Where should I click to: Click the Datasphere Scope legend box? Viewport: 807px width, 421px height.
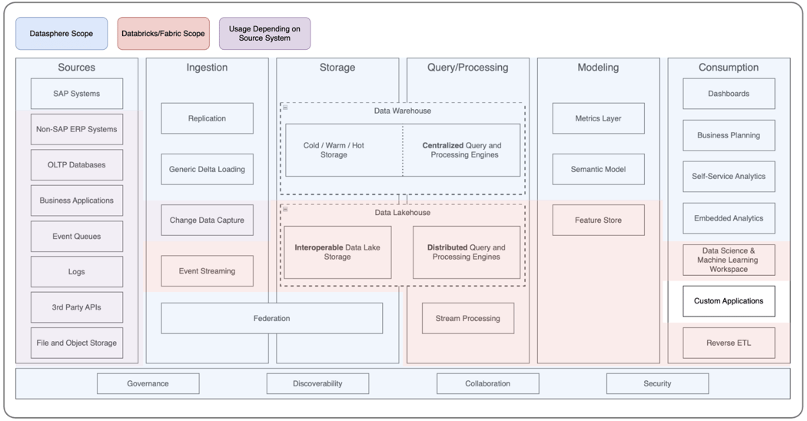click(x=61, y=34)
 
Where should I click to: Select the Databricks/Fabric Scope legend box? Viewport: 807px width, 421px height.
click(x=163, y=34)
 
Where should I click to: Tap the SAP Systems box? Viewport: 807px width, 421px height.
click(x=77, y=94)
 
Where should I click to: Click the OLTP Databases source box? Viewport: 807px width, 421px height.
click(x=77, y=165)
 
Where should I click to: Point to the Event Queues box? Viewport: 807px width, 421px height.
click(x=77, y=237)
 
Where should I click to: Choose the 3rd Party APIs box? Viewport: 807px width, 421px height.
click(x=77, y=307)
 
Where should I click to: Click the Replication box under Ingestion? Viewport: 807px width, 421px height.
click(x=207, y=118)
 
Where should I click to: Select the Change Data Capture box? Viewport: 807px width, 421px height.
click(x=207, y=220)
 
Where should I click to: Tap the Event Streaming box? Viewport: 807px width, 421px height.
click(x=207, y=271)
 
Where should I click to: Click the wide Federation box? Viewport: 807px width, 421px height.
click(x=271, y=318)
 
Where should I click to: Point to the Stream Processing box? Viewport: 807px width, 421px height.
click(x=467, y=318)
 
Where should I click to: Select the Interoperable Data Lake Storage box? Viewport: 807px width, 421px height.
click(x=337, y=252)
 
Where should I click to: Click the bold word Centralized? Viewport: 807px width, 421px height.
click(x=443, y=145)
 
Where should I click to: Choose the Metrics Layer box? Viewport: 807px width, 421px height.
click(x=598, y=118)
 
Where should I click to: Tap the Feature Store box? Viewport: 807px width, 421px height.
click(x=598, y=220)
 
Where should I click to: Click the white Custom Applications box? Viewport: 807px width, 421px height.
click(x=729, y=301)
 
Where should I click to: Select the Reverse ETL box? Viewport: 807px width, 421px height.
click(x=729, y=343)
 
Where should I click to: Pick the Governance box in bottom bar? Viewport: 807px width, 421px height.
click(x=148, y=383)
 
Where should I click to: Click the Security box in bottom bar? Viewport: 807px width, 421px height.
click(x=657, y=383)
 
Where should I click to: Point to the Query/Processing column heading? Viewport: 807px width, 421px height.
click(x=467, y=68)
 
